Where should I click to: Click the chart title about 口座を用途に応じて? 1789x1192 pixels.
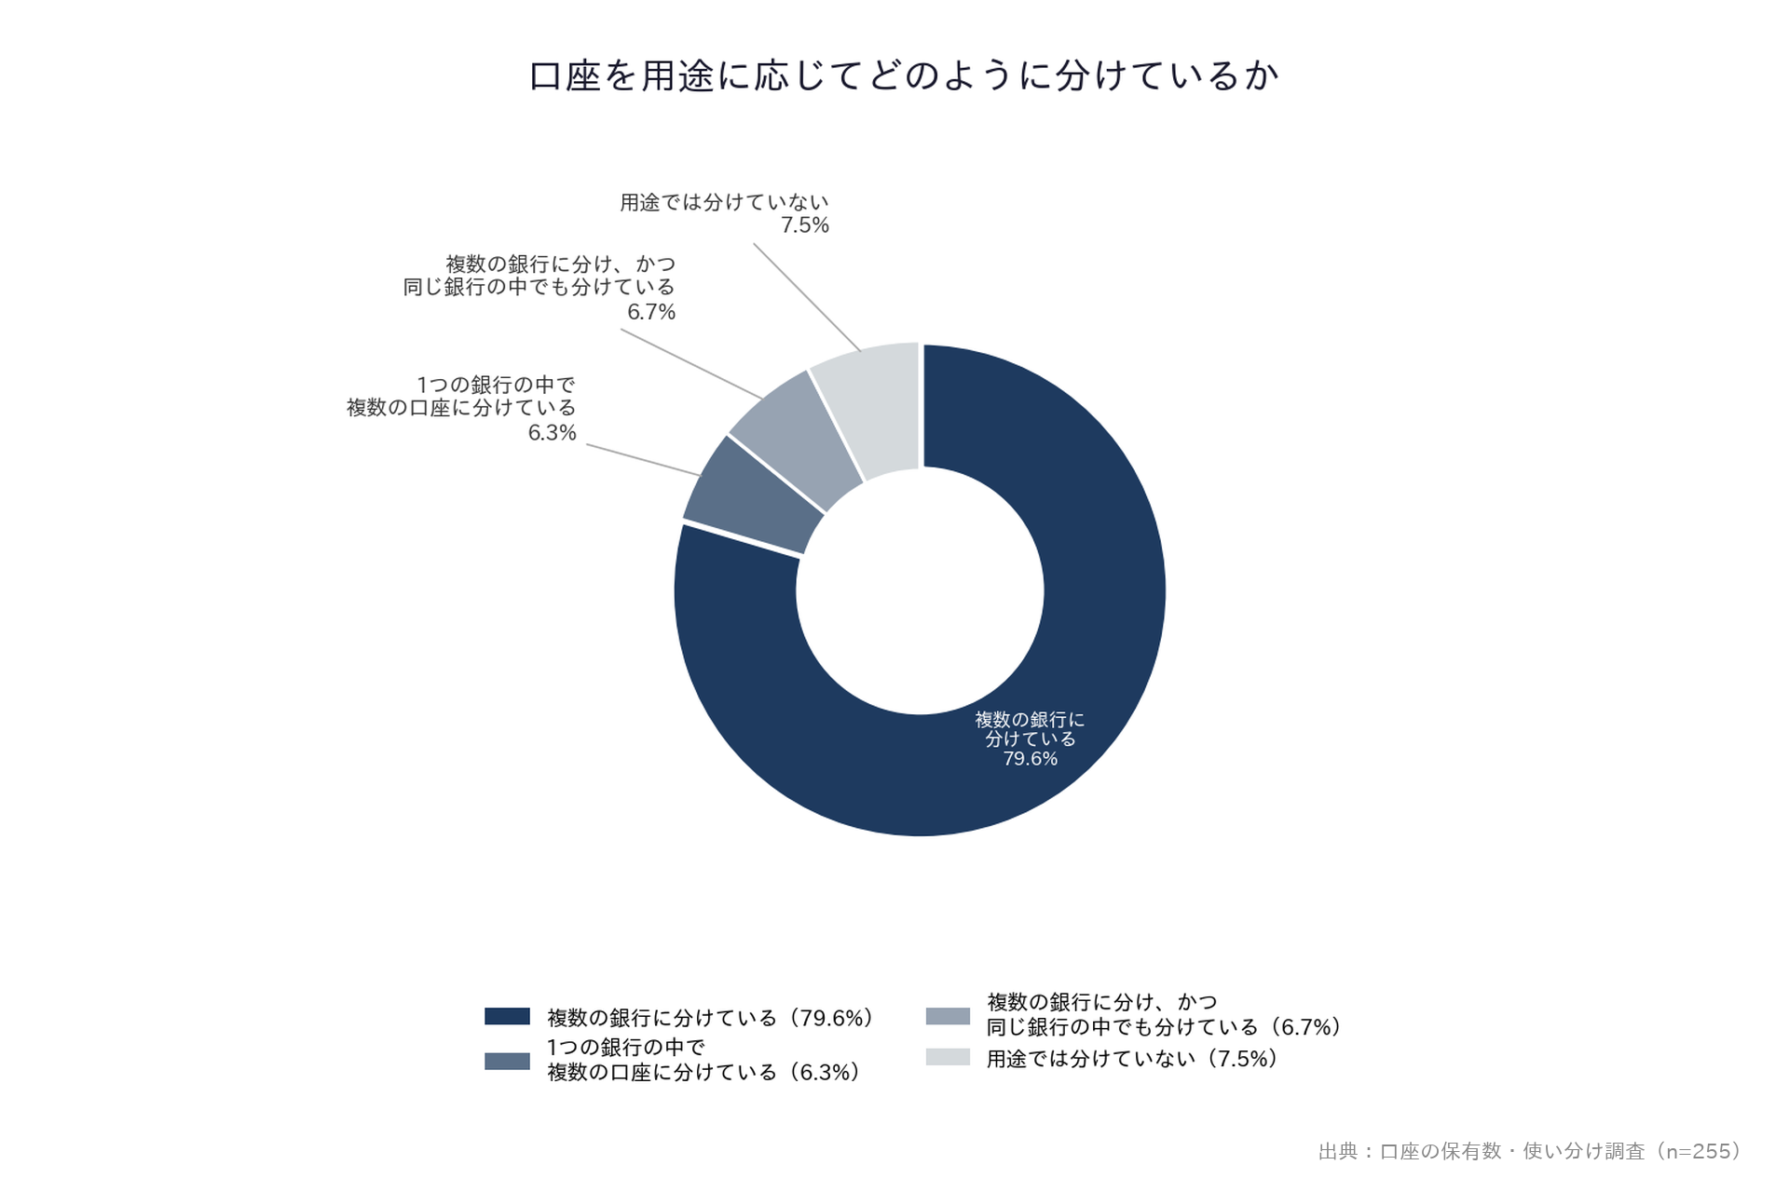904,75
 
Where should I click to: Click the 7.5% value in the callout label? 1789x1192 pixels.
805,225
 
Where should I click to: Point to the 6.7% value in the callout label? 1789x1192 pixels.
651,312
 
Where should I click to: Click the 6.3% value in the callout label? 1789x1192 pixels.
553,433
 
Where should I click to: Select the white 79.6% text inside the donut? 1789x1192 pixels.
1030,759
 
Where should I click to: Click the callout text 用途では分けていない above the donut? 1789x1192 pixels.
724,202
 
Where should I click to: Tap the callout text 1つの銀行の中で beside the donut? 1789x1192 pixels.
496,385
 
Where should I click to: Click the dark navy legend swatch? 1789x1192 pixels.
507,1016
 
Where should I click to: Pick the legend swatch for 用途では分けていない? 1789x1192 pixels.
948,1057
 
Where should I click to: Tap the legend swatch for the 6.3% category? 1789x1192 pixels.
507,1061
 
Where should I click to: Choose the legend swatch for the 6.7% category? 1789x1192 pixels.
948,1016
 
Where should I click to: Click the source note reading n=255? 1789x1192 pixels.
1530,1152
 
